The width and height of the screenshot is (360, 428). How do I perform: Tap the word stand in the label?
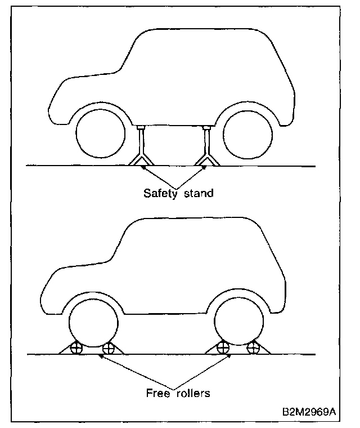(200, 193)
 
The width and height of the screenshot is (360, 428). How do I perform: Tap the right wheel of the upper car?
(245, 133)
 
